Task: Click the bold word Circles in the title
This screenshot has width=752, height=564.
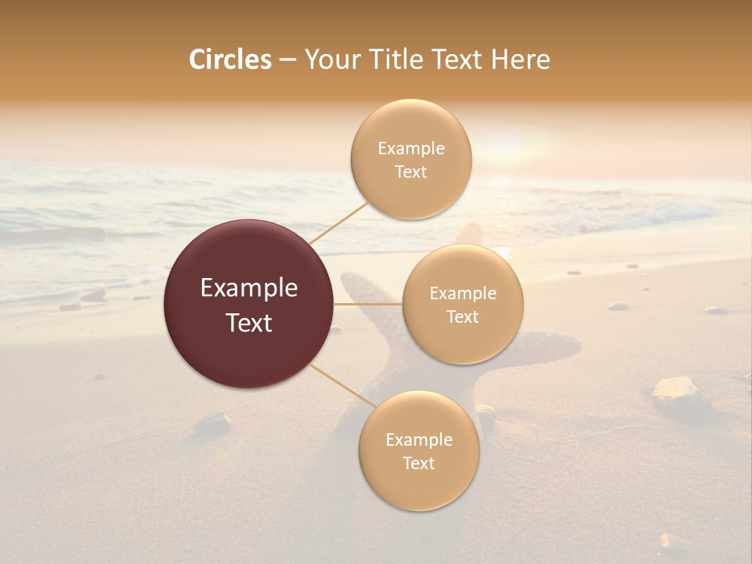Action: point(230,60)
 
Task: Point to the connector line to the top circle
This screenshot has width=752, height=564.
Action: point(338,222)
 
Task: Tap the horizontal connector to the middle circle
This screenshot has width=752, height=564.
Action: point(368,304)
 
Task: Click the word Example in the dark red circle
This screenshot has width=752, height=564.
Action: point(249,288)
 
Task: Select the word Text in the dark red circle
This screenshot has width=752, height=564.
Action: point(249,323)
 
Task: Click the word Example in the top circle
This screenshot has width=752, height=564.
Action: point(411,149)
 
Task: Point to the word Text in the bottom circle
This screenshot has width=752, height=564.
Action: point(418,463)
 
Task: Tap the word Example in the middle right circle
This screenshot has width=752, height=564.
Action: point(463,294)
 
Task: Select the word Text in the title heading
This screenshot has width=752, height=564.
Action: point(460,60)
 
